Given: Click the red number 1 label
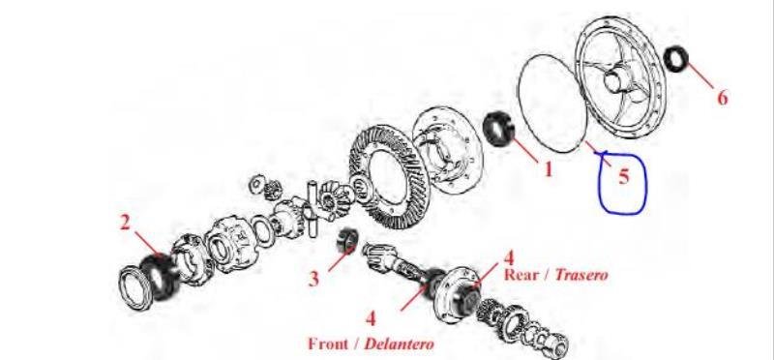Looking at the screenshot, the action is click(548, 169).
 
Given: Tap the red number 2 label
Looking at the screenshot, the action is click(126, 223).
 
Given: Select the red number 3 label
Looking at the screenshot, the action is click(313, 279).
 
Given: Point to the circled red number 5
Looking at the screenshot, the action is click(624, 176).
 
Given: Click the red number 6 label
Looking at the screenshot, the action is click(722, 98).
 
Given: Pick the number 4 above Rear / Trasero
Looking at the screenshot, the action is click(509, 257).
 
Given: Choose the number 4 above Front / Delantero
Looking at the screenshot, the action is click(371, 318).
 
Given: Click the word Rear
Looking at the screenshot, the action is click(522, 275).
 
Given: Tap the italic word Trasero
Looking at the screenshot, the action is click(581, 275).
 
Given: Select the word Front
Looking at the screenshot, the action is click(328, 344).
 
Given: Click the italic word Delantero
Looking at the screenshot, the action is click(399, 344).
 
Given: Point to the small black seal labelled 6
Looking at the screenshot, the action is click(675, 58).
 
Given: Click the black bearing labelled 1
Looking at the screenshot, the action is click(498, 129).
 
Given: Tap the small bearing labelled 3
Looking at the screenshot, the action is click(345, 241).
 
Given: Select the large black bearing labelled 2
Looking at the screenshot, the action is click(159, 278).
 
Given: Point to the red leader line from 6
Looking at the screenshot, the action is click(700, 76).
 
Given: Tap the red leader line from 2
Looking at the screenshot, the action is click(149, 245).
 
